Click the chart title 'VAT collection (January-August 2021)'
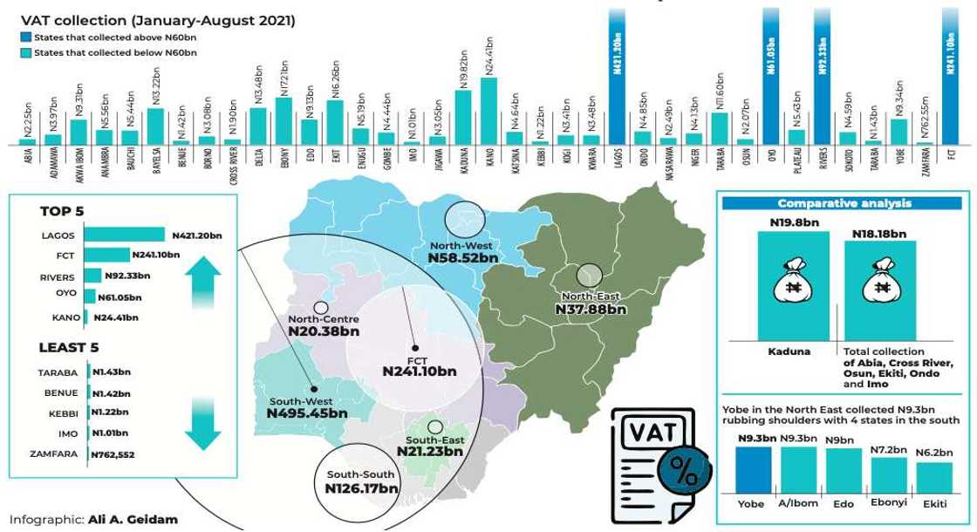[158, 20]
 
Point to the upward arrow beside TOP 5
[197, 279]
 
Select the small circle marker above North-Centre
[320, 307]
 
